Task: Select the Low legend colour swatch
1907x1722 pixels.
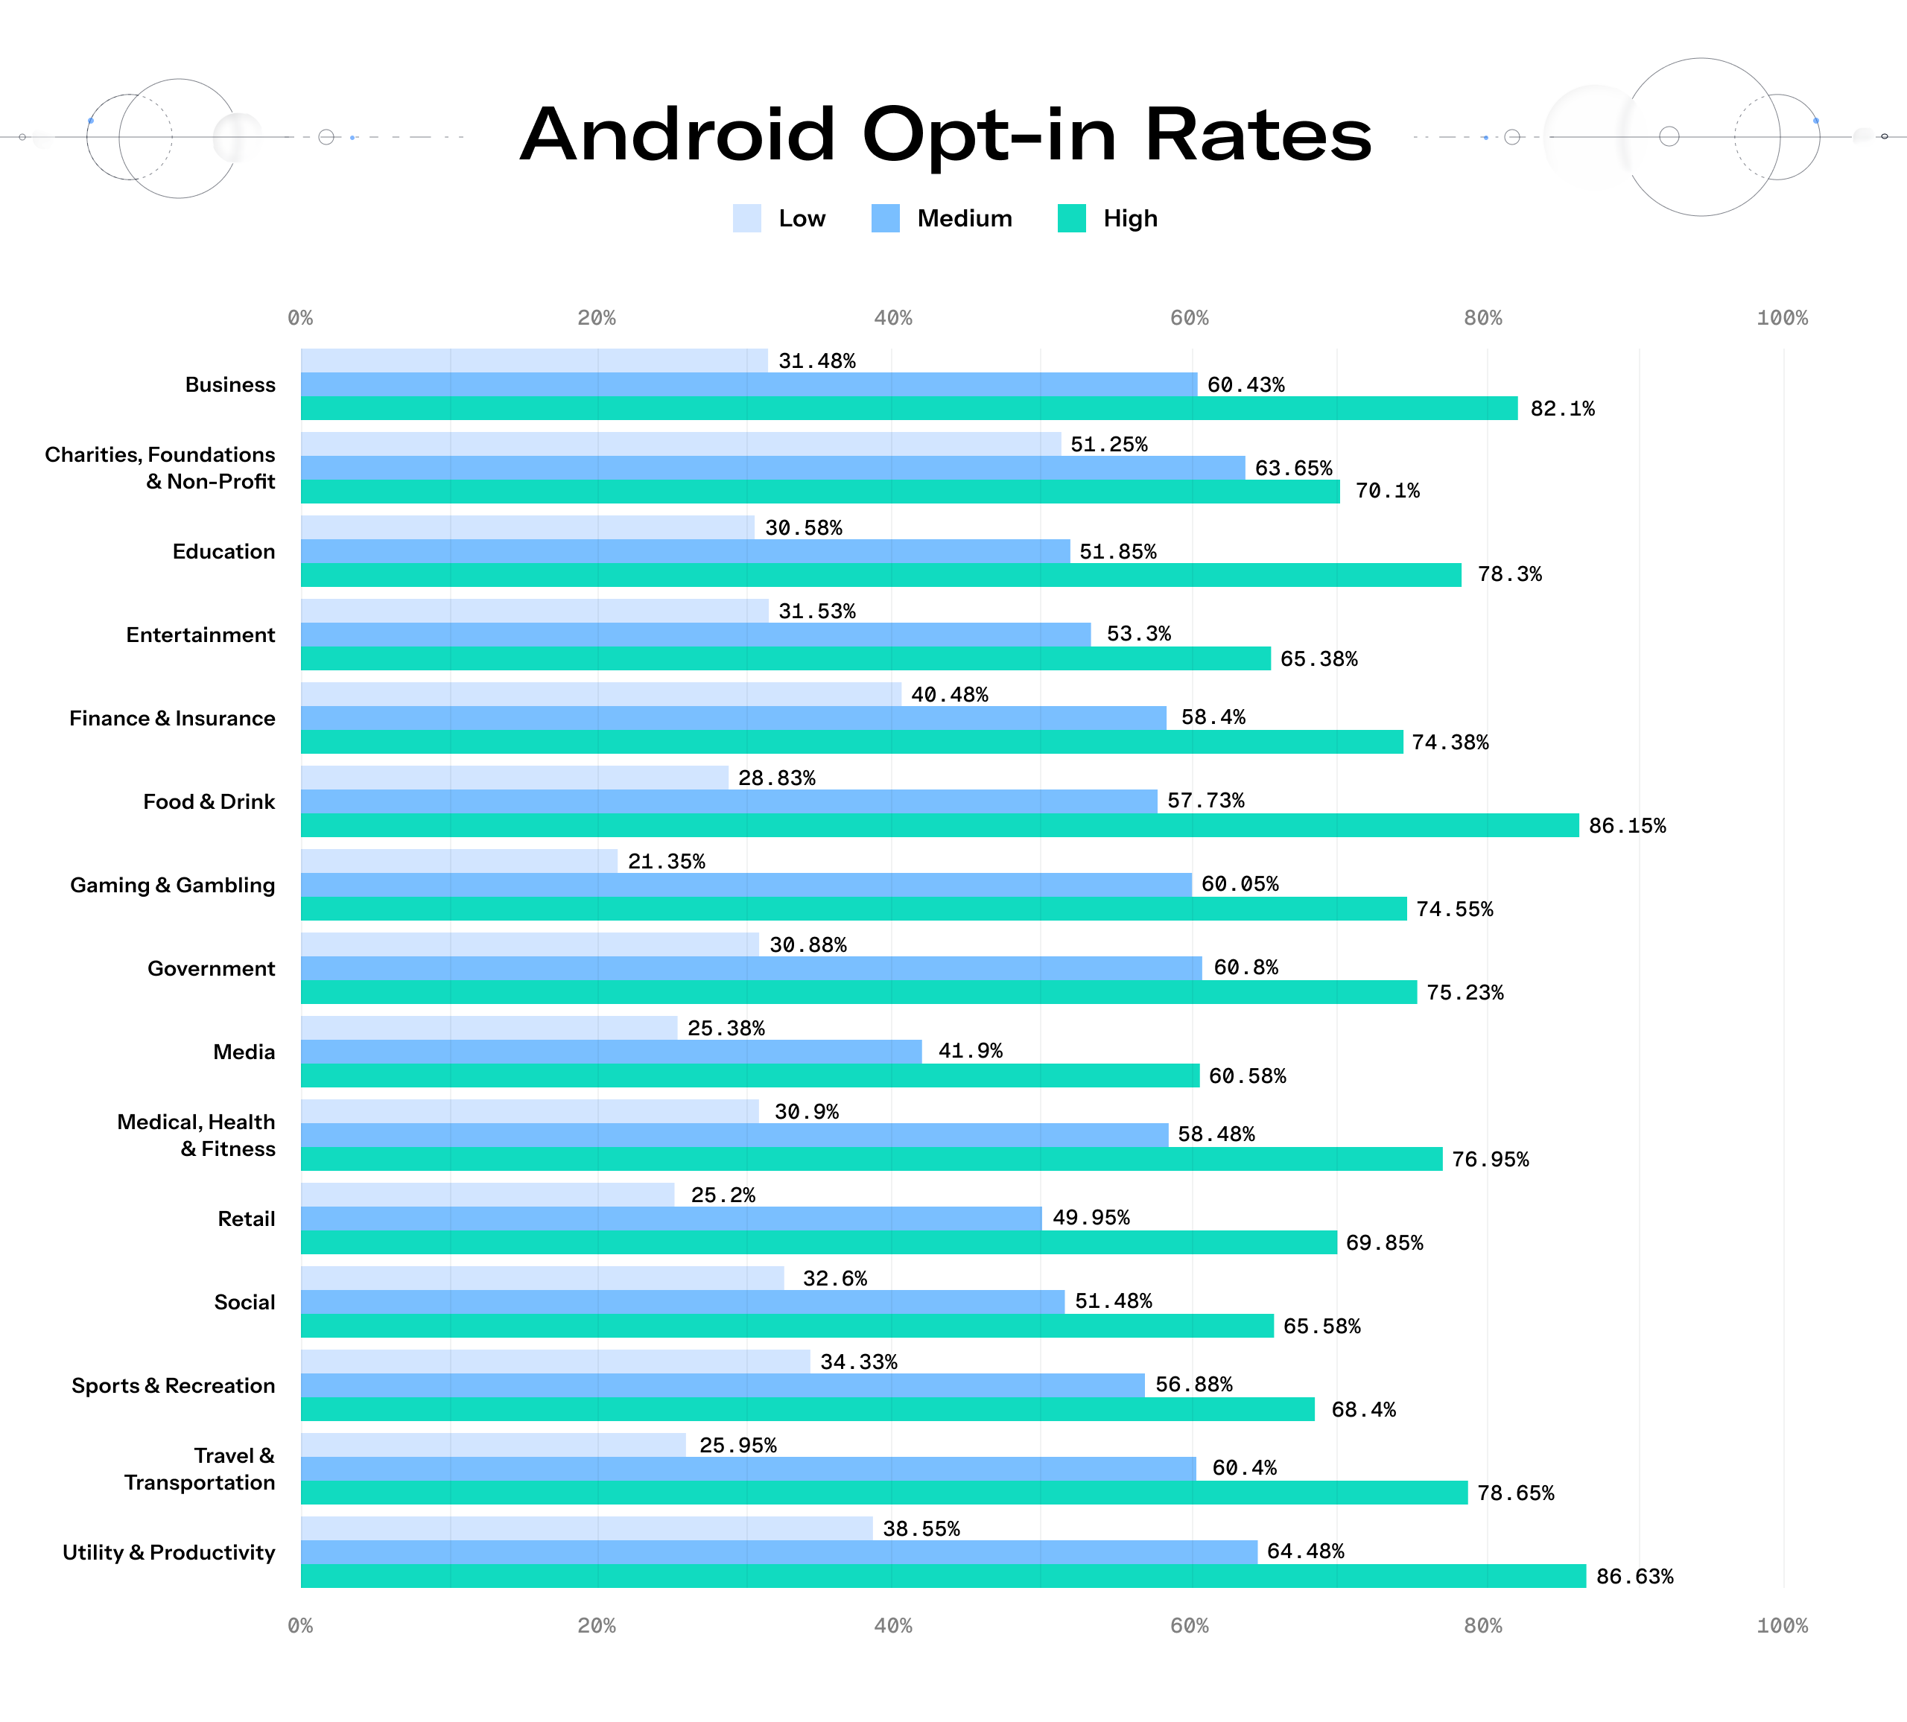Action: tap(746, 218)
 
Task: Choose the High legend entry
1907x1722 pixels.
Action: tap(1108, 218)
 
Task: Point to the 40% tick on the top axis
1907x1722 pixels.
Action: tap(893, 318)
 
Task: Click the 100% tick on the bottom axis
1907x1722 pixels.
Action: tap(1782, 1625)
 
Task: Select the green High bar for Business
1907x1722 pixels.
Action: tap(908, 408)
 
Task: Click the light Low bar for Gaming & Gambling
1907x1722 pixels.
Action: tap(459, 860)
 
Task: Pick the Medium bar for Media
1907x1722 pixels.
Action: tap(611, 1052)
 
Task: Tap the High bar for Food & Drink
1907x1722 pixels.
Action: tap(939, 825)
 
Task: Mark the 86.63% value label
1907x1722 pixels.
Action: tap(1634, 1576)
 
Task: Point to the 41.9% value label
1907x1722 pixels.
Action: tap(970, 1051)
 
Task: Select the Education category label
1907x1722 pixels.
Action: tap(223, 551)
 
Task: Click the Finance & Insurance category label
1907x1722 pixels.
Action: tap(172, 719)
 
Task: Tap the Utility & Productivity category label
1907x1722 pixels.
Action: tap(168, 1553)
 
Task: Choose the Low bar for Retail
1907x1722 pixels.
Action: tap(487, 1195)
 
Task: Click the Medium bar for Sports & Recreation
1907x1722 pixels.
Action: tap(723, 1385)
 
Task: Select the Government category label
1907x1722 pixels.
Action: tap(211, 968)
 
